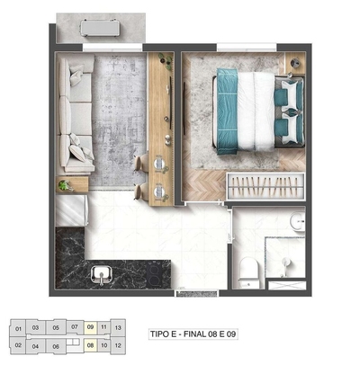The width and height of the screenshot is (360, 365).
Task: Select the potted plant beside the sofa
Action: point(64,184)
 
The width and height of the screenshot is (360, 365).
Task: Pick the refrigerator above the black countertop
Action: point(70,213)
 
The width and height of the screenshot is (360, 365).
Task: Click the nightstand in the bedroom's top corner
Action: point(294,64)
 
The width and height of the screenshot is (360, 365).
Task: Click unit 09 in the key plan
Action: point(90,327)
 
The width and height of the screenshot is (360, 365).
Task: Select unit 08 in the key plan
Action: point(90,344)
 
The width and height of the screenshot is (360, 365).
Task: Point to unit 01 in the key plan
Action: point(19,328)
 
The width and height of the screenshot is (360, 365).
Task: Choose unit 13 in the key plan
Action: point(118,327)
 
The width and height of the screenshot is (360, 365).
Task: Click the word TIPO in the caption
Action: point(162,334)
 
